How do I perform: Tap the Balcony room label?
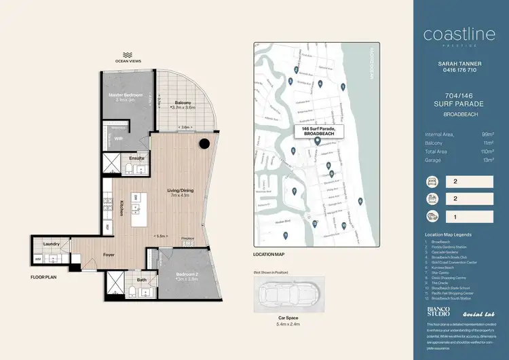[183, 103]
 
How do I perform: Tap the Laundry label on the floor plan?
[51, 244]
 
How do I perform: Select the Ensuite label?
[136, 158]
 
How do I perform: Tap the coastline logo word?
[453, 34]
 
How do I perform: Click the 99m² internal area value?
[487, 134]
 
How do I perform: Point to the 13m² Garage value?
[487, 161]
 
